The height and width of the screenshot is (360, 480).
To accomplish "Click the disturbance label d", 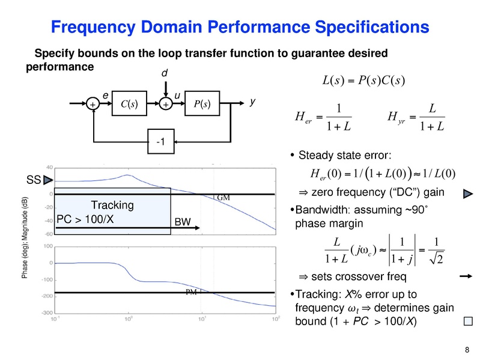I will (x=164, y=73).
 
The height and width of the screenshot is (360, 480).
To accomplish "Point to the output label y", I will (x=252, y=103).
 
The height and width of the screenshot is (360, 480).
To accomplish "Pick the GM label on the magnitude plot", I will (x=223, y=198).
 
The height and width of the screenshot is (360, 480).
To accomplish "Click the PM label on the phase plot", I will (x=191, y=292).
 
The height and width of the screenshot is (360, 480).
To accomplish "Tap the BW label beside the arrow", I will (x=182, y=222).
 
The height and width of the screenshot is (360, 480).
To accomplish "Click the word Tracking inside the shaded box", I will (x=112, y=206).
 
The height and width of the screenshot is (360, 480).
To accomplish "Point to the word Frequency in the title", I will (x=88, y=27).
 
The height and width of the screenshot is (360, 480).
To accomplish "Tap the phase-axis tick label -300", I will (x=45, y=313).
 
